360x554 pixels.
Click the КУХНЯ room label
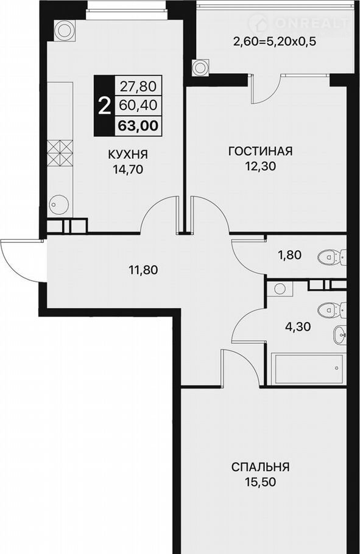coord(127,155)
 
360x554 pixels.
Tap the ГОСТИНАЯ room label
coord(261,151)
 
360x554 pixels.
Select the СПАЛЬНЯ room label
coord(260,467)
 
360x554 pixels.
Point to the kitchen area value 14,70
coord(127,170)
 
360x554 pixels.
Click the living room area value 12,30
coord(261,166)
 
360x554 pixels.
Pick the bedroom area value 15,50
coord(260,482)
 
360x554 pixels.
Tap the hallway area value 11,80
coord(143,270)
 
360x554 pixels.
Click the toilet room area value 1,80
coord(289,254)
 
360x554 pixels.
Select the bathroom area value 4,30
coord(298,326)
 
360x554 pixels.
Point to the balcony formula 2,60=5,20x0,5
coord(274,42)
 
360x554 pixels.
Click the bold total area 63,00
coord(138,126)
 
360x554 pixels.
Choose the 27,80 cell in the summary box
coord(138,86)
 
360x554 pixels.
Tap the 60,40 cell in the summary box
coord(138,105)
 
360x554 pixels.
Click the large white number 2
coord(104,106)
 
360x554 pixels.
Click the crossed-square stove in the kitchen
coord(60,153)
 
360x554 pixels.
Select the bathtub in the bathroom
coord(307,369)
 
